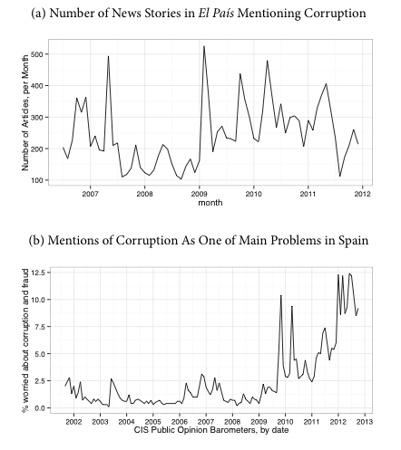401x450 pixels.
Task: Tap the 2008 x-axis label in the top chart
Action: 144,194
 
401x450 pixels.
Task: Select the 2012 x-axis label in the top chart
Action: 362,194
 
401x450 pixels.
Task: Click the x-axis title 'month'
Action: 210,203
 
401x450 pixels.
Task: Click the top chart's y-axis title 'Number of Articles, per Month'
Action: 25,113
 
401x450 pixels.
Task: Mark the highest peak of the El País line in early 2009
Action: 204,46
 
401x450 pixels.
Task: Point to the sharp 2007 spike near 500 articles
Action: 108,56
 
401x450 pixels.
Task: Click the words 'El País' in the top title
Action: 216,14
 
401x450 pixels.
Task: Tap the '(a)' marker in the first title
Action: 39,14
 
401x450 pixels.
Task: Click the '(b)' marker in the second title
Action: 36,241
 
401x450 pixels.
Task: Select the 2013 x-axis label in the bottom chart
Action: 365,422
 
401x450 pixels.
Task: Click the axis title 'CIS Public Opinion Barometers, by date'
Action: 211,430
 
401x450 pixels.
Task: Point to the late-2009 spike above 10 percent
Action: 281,297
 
